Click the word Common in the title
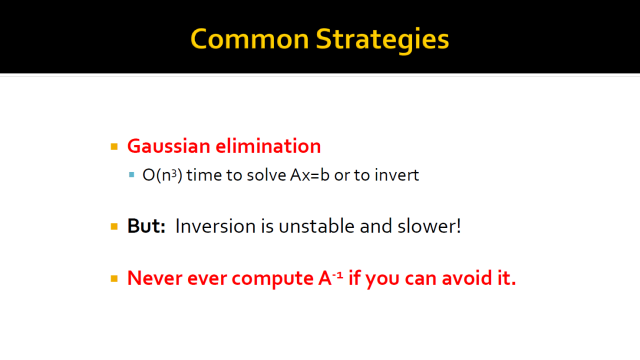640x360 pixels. click(x=249, y=39)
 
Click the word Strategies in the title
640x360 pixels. click(x=382, y=40)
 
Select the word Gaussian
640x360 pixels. click(x=169, y=146)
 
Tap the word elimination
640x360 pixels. click(x=268, y=146)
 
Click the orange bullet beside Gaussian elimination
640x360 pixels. click(x=114, y=146)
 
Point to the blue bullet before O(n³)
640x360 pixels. click(x=131, y=174)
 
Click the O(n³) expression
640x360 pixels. click(x=162, y=175)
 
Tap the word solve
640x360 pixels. click(x=266, y=175)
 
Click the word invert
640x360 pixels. click(x=397, y=175)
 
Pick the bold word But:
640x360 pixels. click(x=146, y=226)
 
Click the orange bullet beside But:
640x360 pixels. click(x=114, y=226)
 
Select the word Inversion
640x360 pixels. click(x=215, y=226)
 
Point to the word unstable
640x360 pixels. click(x=316, y=226)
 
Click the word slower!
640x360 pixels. click(x=429, y=226)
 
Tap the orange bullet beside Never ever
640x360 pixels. click(x=114, y=278)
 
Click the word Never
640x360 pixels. click(x=155, y=278)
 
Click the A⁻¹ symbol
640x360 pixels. click(x=330, y=277)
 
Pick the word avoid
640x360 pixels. click(x=467, y=278)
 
